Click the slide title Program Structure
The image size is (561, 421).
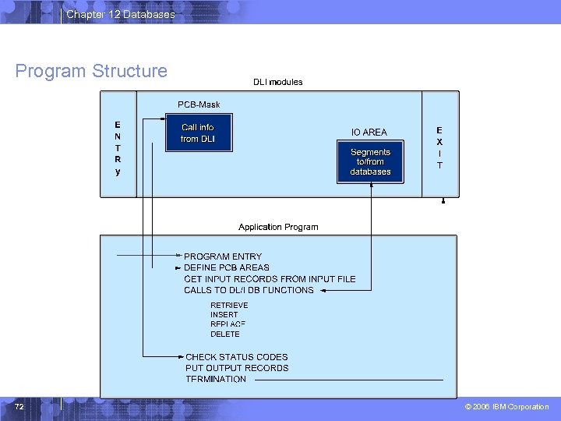pyautogui.click(x=91, y=71)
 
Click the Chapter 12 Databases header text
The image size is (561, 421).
pyautogui.click(x=121, y=14)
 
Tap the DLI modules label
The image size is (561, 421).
pyautogui.click(x=278, y=82)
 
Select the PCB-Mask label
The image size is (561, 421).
pyautogui.click(x=199, y=104)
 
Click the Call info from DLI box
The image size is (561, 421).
pyautogui.click(x=198, y=133)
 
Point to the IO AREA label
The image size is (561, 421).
pyautogui.click(x=369, y=133)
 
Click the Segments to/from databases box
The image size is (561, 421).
pyautogui.click(x=370, y=162)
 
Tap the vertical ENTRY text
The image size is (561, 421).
pyautogui.click(x=118, y=147)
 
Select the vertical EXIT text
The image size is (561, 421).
pyautogui.click(x=439, y=147)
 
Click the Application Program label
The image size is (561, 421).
pyautogui.click(x=278, y=227)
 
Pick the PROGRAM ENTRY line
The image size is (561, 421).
pyautogui.click(x=223, y=256)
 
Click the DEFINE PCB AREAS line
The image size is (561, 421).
pyautogui.click(x=227, y=267)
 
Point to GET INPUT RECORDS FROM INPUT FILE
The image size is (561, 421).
pyautogui.click(x=270, y=279)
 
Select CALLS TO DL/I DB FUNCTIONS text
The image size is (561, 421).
pyautogui.click(x=249, y=290)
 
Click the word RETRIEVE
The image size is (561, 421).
pyautogui.click(x=229, y=306)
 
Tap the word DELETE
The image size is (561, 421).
pyautogui.click(x=225, y=334)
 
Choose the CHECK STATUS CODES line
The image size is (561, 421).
pyautogui.click(x=237, y=357)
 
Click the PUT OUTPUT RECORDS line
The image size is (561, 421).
pyautogui.click(x=237, y=368)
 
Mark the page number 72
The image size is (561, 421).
pyautogui.click(x=19, y=407)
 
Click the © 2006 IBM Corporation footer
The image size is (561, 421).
pyautogui.click(x=506, y=407)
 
